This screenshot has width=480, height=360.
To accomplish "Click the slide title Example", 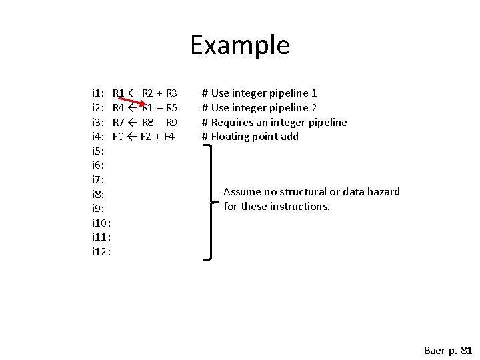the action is click(x=240, y=45).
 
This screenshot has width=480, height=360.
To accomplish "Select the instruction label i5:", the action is click(x=98, y=151).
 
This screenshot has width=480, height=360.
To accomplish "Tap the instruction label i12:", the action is click(x=101, y=252).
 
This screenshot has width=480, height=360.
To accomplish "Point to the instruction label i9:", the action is click(x=98, y=209).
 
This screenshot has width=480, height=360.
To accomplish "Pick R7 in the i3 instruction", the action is click(x=119, y=123).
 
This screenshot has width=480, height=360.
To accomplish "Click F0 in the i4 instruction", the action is click(x=119, y=137).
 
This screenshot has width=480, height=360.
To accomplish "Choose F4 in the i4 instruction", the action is click(x=167, y=137).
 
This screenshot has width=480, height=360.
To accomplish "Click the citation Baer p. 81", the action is click(x=448, y=350).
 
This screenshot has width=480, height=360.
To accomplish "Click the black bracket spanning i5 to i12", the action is click(x=212, y=200).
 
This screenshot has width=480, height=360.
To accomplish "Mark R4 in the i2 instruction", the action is click(x=119, y=108).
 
